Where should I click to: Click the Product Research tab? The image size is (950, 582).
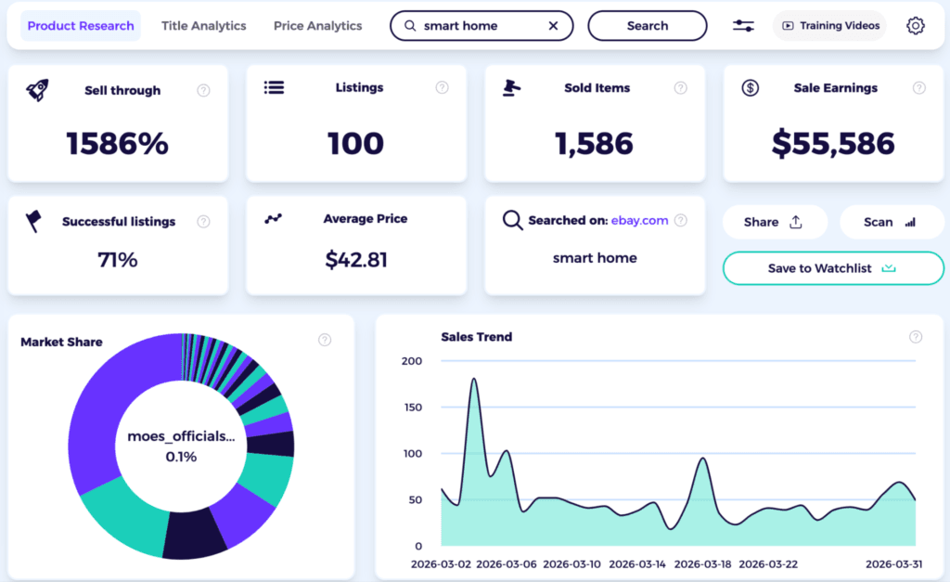coord(81,26)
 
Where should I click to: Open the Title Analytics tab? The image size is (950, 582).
coord(204,26)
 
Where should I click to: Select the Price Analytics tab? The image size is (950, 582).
coord(318,26)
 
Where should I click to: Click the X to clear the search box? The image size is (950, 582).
coord(554,26)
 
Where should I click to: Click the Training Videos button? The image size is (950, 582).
coord(829,26)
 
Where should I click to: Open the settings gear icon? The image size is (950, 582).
coord(916,26)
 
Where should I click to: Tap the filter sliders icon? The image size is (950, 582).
coord(743,26)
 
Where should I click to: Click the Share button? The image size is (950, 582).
coord(774,222)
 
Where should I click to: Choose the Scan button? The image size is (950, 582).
coord(891,222)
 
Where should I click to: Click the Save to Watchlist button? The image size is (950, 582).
coord(832,268)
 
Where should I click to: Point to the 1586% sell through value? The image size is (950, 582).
coord(117,143)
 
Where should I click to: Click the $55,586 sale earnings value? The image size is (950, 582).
coord(833,143)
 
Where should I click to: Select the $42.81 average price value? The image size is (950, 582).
coord(356,260)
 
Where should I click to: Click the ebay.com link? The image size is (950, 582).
coord(639,221)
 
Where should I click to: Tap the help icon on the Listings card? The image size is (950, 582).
coord(443,88)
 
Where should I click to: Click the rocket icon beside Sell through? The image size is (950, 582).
coord(37,90)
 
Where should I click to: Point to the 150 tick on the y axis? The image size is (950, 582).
coord(411,407)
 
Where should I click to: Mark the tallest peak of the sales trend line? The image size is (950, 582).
coord(474,379)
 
